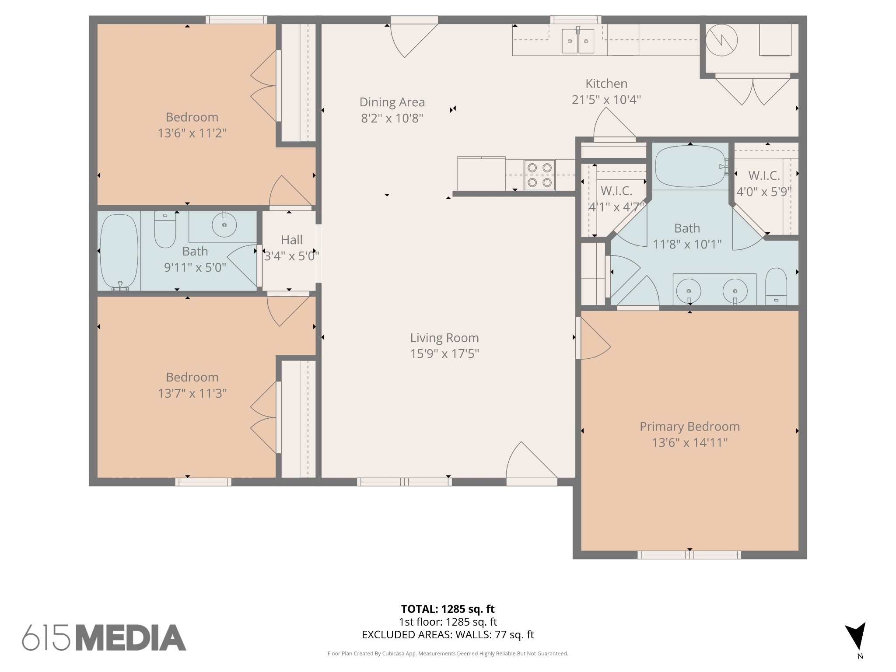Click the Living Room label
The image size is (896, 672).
[x=444, y=338]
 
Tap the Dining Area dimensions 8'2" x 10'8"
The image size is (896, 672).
[x=392, y=118]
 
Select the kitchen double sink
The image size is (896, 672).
[x=577, y=41]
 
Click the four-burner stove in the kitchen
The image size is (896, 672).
[x=539, y=175]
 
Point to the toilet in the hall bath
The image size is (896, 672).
[x=165, y=231]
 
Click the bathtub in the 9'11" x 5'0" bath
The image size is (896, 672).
[x=119, y=251]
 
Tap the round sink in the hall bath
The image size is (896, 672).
[x=224, y=225]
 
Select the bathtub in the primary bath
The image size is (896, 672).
[x=690, y=166]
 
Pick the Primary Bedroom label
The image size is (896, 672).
[x=689, y=427]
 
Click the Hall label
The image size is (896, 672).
[x=291, y=240]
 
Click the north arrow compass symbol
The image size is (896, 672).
[x=855, y=637]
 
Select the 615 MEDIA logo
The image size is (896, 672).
[x=104, y=637]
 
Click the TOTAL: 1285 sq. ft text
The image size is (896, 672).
[x=448, y=609]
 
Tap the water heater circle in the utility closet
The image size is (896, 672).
[x=721, y=41]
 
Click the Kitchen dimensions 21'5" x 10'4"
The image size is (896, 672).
[x=606, y=100]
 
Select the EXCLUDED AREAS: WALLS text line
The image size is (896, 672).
[x=448, y=635]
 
